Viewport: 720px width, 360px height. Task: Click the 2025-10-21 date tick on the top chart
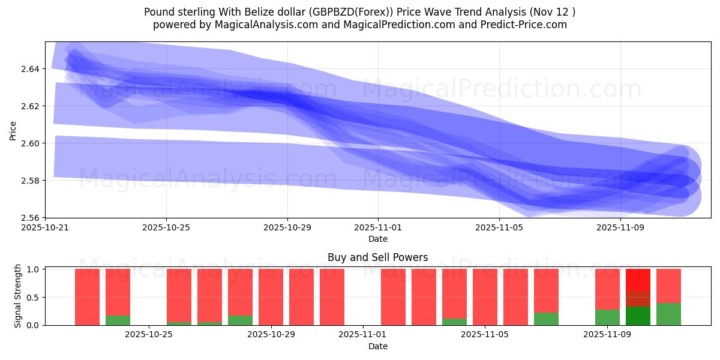[x=46, y=228]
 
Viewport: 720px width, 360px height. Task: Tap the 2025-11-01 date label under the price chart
[x=378, y=228]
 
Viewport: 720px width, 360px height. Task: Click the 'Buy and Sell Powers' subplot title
[x=377, y=257]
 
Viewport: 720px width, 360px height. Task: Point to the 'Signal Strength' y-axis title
[x=18, y=296]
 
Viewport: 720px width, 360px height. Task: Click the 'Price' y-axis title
[x=13, y=130]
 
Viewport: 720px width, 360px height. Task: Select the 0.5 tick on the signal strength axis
[x=34, y=297]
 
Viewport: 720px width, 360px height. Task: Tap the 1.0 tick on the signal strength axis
[x=34, y=269]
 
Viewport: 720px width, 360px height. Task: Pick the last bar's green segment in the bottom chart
[x=668, y=314]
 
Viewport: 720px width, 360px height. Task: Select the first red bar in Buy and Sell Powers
[x=87, y=297]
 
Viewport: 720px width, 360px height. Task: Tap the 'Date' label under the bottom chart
[x=377, y=346]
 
